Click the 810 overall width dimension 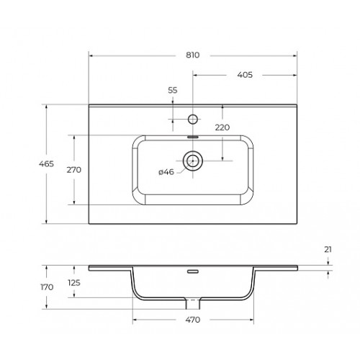[193, 55]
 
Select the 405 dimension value [245, 75]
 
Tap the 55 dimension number [173, 90]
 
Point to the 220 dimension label [222, 127]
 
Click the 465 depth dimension [46, 164]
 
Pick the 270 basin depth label [74, 170]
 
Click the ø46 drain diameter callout [166, 172]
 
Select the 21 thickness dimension [328, 250]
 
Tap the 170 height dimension [47, 287]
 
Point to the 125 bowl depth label [74, 283]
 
